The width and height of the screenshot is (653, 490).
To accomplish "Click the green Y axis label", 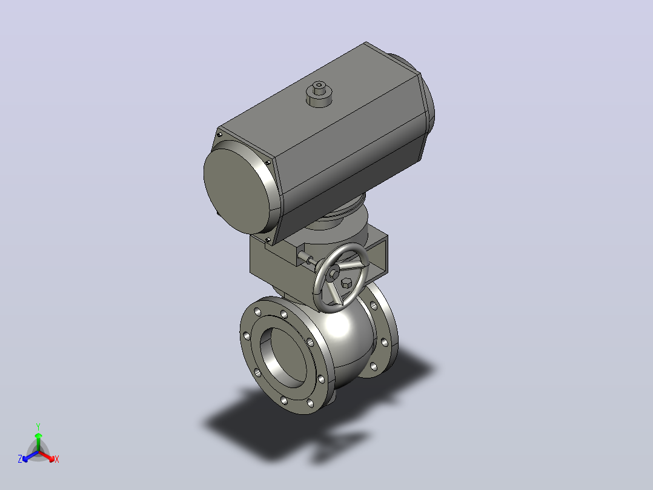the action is [x=38, y=426].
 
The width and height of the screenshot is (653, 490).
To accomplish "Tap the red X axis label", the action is [x=57, y=459].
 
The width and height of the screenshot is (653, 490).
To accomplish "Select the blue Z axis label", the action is [x=19, y=458].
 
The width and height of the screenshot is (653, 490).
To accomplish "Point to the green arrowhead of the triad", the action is [x=38, y=435].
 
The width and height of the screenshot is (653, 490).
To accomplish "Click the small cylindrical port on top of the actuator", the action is [x=319, y=94].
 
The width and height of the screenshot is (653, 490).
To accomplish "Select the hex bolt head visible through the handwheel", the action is [x=346, y=284].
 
